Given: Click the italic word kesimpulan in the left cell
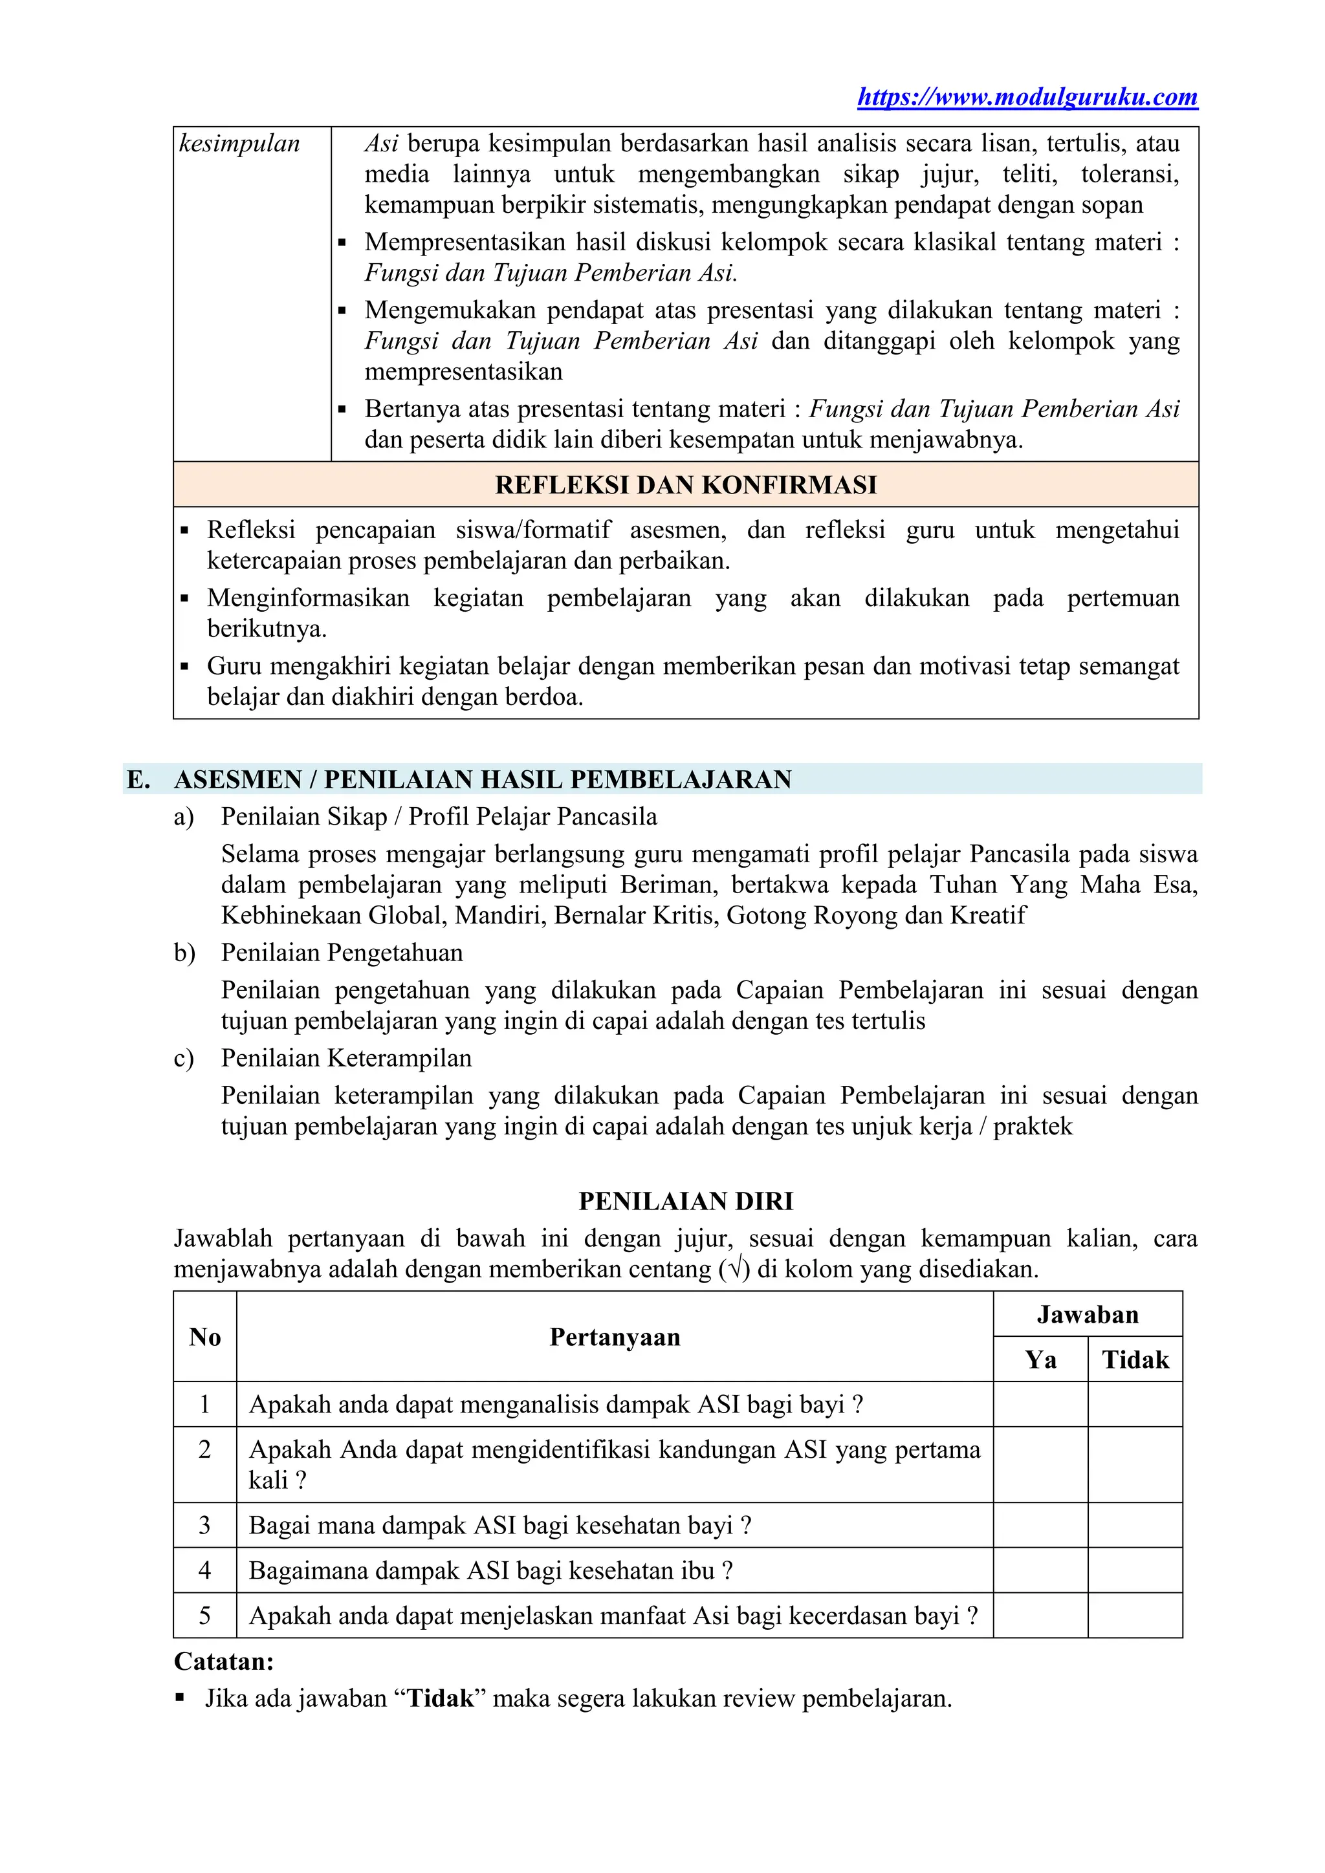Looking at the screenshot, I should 239,144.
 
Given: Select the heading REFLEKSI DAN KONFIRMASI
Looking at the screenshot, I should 685,485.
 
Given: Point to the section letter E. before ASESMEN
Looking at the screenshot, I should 138,780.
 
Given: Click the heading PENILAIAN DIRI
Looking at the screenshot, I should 685,1202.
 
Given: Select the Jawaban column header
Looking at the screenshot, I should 1087,1315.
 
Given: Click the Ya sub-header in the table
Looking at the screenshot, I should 1040,1360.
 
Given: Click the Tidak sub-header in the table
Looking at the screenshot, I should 1135,1360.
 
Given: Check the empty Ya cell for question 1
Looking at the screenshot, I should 1040,1405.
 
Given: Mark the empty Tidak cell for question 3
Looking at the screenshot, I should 1135,1526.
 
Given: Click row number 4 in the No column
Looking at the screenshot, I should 205,1570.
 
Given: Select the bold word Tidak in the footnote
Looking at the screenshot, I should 441,1698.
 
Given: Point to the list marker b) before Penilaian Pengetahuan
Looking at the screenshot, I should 184,953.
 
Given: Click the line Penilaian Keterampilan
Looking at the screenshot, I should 346,1058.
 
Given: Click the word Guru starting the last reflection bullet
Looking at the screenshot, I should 234,667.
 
